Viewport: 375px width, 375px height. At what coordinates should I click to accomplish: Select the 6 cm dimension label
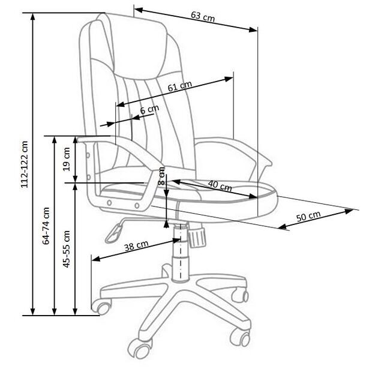coord(149,110)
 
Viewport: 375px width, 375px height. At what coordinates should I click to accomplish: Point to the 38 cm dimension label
coord(136,246)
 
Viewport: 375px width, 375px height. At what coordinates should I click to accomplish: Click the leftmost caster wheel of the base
coord(101,307)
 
